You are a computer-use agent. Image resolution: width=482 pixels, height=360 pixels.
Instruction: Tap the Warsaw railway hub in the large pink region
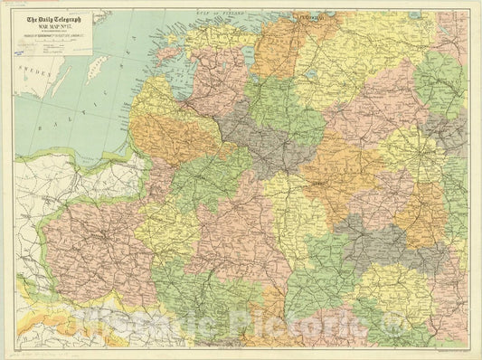pos(106,238)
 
